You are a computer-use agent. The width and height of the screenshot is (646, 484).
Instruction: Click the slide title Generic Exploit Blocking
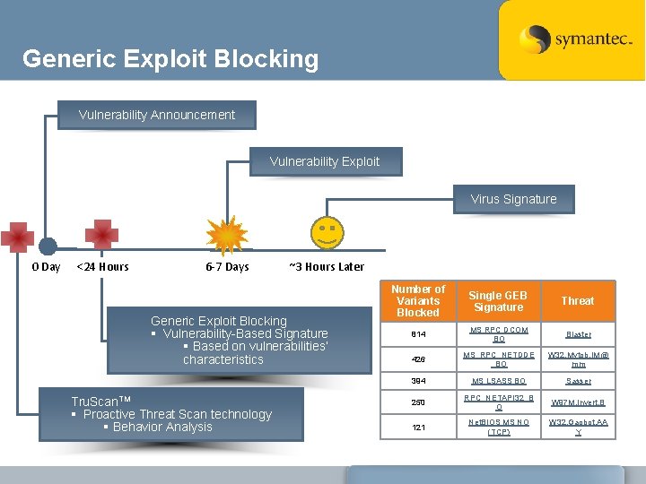coord(170,59)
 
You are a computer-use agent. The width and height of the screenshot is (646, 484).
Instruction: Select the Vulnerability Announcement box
coord(157,115)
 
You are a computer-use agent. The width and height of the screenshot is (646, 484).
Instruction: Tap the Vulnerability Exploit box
coord(325,161)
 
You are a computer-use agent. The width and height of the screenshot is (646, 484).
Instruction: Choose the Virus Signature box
coord(513,199)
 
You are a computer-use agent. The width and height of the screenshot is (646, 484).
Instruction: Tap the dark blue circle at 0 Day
coord(48,246)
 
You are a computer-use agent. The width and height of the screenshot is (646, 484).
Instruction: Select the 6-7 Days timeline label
coord(227,267)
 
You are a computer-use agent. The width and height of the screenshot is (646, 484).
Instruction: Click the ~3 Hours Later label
coord(327,267)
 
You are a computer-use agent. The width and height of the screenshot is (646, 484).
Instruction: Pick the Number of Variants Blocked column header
coord(418,301)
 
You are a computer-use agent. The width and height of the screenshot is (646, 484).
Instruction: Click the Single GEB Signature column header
coord(498,301)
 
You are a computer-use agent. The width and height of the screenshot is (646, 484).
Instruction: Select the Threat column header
coord(578,301)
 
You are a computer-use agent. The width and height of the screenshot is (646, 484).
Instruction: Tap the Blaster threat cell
coord(578,334)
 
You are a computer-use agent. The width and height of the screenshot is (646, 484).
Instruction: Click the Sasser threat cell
coord(578,381)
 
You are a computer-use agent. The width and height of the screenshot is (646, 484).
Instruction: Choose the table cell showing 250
coord(418,402)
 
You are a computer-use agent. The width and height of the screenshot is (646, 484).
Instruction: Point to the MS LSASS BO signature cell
coord(498,381)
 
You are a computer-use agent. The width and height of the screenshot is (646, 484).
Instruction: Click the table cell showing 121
coord(418,427)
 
